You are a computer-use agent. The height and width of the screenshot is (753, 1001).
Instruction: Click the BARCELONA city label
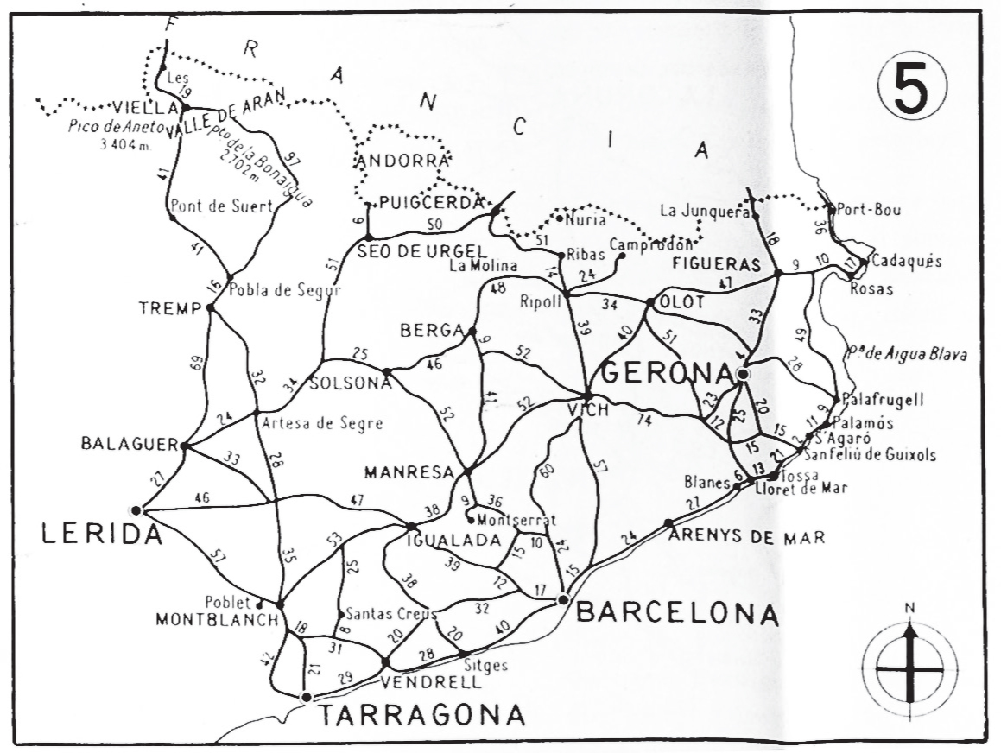(x=677, y=614)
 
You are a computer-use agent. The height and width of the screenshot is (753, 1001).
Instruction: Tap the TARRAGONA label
(x=421, y=716)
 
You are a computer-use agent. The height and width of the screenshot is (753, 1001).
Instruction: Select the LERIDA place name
(x=102, y=535)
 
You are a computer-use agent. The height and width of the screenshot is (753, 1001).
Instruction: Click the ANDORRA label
(x=403, y=161)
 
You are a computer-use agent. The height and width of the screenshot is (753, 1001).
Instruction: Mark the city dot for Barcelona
(x=563, y=599)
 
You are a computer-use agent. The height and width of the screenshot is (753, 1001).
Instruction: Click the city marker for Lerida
(x=136, y=510)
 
